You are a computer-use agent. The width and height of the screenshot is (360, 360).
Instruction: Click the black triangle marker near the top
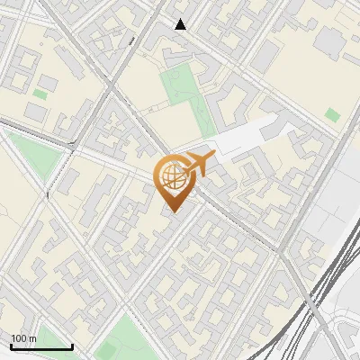click(x=181, y=24)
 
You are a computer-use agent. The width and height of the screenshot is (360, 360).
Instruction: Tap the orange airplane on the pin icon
click(x=199, y=164)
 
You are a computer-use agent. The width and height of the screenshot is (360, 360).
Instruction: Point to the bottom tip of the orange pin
click(x=173, y=211)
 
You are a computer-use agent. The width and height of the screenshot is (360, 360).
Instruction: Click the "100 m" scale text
click(x=23, y=337)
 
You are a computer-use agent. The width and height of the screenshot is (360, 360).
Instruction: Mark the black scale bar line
click(x=41, y=346)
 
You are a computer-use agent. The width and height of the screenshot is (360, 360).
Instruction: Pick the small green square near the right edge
click(x=333, y=115)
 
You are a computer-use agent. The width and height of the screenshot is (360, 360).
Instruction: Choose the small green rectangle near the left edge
click(x=40, y=94)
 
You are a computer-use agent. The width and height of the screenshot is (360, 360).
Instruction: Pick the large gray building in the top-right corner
click(x=328, y=40)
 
